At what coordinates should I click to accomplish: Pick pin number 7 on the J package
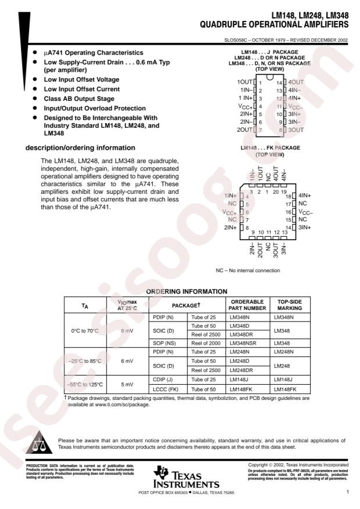(x=261, y=131)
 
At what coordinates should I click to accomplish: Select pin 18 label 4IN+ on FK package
(x=305, y=196)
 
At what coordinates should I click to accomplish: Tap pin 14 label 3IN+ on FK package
(x=305, y=228)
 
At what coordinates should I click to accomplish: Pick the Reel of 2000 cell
(x=205, y=343)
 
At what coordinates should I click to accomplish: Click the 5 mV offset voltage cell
(x=127, y=384)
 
